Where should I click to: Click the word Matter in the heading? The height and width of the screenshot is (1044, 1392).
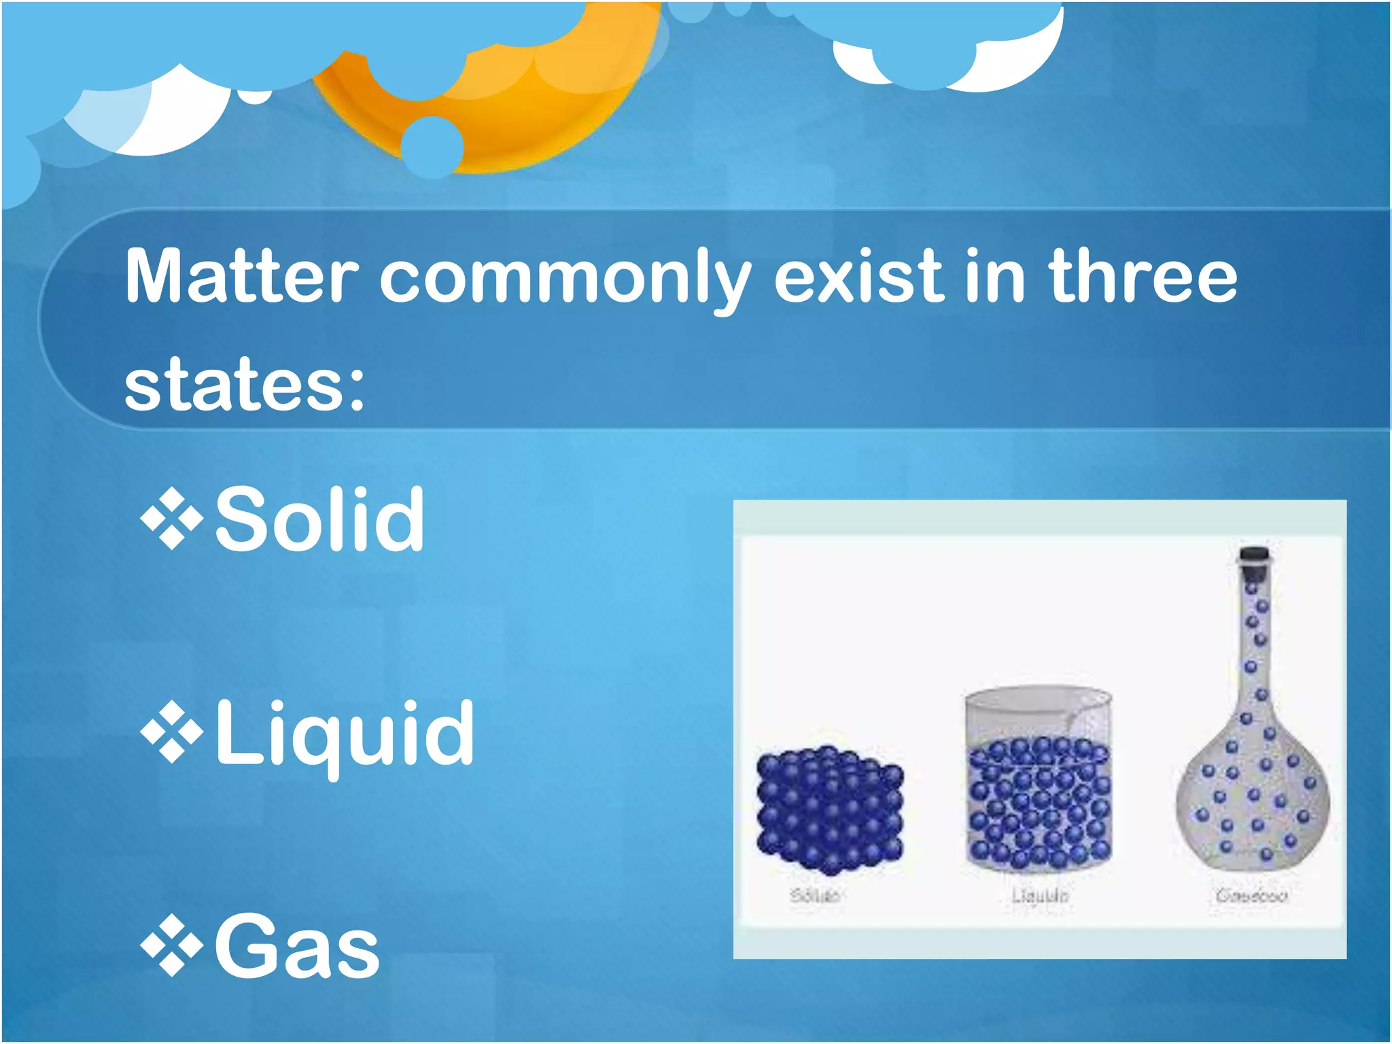click(241, 277)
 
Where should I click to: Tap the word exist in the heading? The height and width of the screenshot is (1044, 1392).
click(859, 277)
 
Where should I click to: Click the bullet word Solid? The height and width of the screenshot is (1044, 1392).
click(319, 520)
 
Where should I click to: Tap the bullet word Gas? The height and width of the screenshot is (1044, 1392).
click(297, 947)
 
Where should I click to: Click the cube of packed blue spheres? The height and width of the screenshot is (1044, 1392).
click(829, 809)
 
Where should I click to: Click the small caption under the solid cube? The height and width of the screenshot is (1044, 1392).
click(814, 895)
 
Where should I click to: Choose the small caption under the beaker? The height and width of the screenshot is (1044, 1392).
click(1040, 896)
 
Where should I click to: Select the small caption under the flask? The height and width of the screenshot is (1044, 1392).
click(1252, 896)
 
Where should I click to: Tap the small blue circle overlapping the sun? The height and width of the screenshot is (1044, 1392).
click(432, 147)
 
